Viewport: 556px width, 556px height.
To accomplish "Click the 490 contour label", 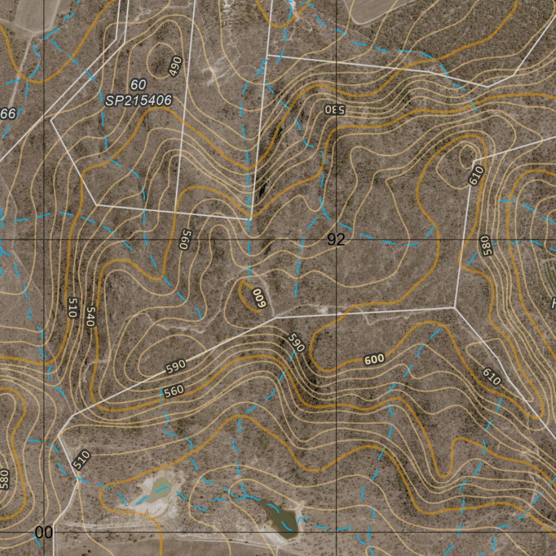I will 175,66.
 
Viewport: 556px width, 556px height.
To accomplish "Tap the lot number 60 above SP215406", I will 138,85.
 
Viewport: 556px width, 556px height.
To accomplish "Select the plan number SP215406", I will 138,100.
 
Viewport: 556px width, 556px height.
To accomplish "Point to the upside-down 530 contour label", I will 335,109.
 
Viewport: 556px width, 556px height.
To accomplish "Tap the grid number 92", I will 336,240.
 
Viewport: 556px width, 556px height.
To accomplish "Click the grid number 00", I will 44,533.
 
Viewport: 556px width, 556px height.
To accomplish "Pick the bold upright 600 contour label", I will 374,359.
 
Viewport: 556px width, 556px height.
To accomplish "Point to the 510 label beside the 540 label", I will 72,307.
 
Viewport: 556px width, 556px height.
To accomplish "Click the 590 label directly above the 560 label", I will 175,367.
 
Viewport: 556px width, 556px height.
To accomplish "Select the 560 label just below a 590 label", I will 173,390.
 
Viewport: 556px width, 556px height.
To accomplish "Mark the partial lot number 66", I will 8,113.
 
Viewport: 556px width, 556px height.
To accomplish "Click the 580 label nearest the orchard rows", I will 485,245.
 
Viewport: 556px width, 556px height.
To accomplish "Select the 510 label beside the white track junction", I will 81,460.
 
